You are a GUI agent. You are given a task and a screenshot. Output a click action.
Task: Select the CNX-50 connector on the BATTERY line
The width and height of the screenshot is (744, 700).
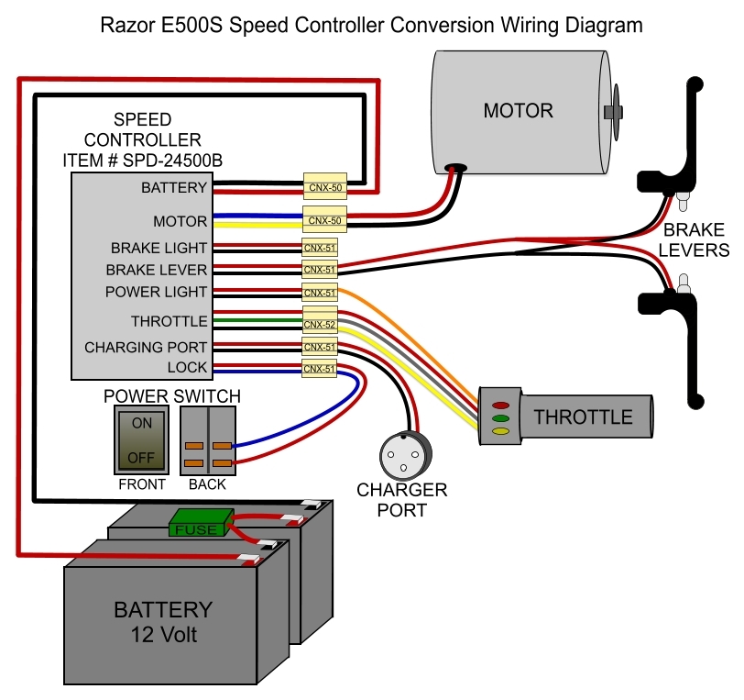[x=324, y=187]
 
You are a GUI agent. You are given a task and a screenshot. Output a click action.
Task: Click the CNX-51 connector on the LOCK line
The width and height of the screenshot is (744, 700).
[x=320, y=369]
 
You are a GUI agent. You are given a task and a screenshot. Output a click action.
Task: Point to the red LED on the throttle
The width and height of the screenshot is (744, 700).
[x=500, y=405]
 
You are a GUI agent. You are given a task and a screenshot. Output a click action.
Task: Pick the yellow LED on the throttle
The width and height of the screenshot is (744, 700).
[x=500, y=429]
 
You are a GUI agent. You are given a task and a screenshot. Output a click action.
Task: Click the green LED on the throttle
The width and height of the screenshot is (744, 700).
[x=500, y=417]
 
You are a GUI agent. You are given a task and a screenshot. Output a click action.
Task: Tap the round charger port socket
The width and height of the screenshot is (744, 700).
[x=403, y=454]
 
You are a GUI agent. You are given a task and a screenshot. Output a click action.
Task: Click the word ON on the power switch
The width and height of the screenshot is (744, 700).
[x=141, y=425]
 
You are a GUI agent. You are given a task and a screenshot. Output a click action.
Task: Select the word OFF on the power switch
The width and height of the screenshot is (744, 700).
[x=141, y=456]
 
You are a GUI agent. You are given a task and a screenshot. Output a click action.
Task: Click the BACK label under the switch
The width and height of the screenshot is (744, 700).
[x=207, y=484]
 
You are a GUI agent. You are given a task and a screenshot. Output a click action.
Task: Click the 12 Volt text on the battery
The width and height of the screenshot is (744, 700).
[x=162, y=634]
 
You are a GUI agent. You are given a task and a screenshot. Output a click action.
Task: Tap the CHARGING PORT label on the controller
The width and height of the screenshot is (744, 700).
[x=146, y=348]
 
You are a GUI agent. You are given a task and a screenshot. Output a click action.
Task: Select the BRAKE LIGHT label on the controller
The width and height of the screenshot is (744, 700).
[x=159, y=249]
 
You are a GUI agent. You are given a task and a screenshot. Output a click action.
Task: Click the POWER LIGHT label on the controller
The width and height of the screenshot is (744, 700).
[x=156, y=292]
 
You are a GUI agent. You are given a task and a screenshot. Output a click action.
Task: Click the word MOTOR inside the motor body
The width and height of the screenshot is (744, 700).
[x=519, y=111]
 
